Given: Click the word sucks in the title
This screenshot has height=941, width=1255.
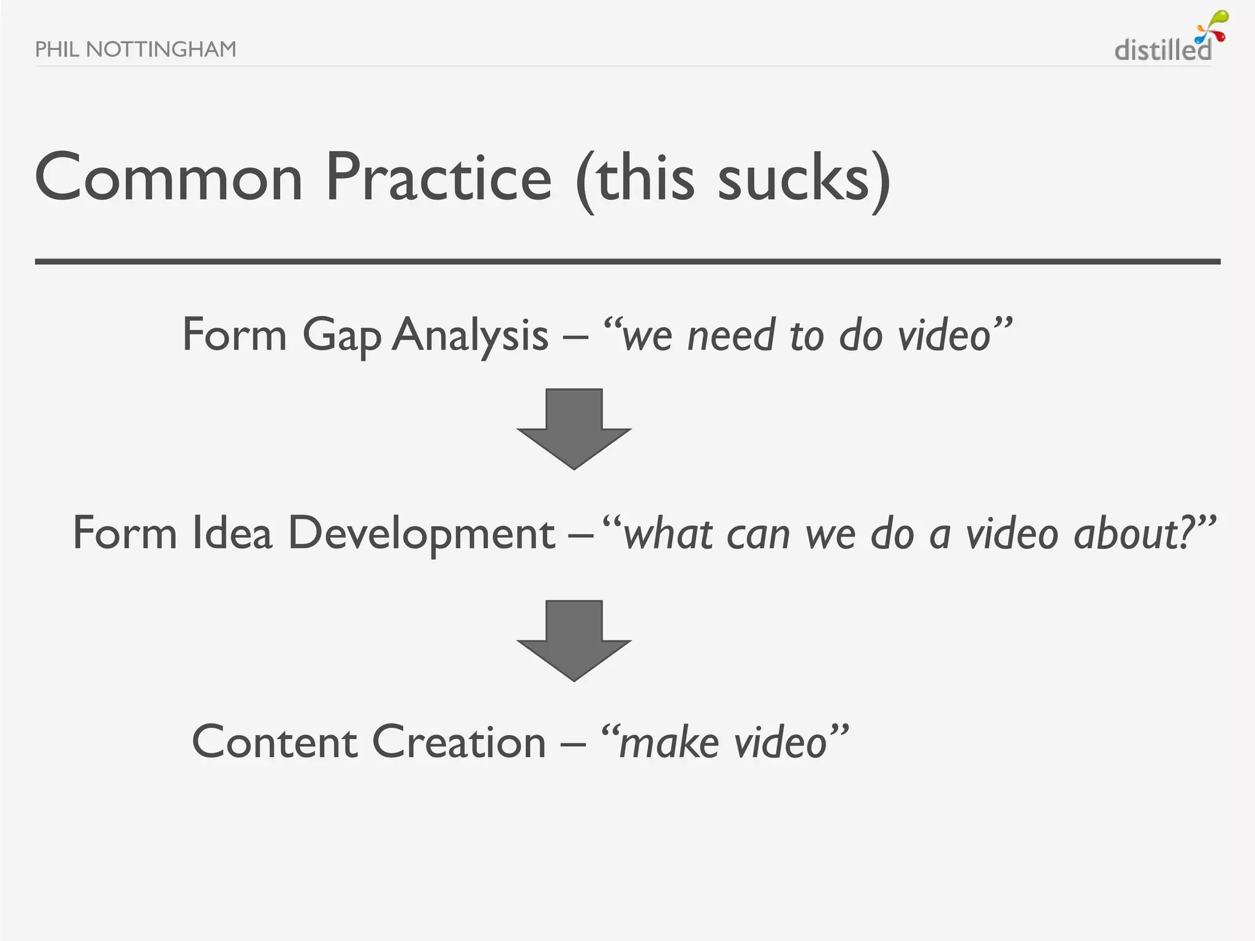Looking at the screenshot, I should point(794,179).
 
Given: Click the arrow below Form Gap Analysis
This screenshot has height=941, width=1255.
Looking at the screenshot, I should point(574,428).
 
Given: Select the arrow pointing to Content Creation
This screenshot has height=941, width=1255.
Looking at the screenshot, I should point(574,640).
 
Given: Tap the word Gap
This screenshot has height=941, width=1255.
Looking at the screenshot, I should point(341,336).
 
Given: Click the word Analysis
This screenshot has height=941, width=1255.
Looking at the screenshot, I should point(470,336).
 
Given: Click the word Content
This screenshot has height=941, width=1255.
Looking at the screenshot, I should point(275,742).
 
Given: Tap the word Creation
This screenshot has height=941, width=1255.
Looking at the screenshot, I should point(458,742).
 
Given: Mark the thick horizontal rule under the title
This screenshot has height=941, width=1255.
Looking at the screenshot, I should point(627,262).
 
